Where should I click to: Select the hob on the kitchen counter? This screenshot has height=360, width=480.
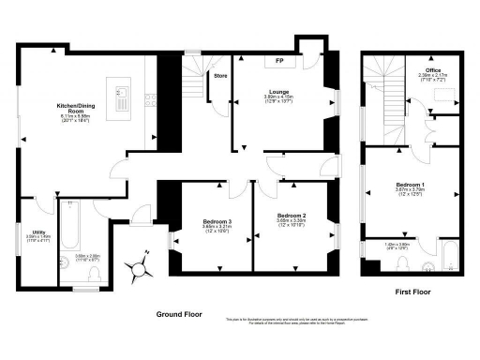tap(150, 97)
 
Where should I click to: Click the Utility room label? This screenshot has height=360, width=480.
tap(38, 232)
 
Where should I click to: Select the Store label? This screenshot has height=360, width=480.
tap(220, 75)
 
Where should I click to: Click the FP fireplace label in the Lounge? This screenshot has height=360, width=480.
tap(279, 62)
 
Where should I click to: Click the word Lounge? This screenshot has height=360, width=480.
tap(280, 92)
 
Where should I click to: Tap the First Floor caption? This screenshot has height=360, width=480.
tap(412, 292)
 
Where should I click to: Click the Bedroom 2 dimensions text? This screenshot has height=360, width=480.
tap(292, 224)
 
